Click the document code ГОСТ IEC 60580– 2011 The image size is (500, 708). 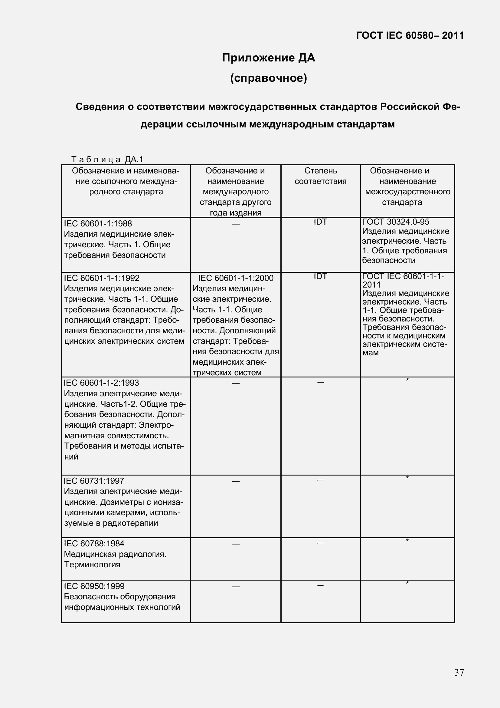click(x=410, y=35)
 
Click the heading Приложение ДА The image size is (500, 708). click(x=268, y=58)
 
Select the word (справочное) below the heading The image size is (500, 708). click(x=268, y=78)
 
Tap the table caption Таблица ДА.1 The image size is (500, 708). click(x=107, y=160)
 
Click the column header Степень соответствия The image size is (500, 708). click(x=320, y=176)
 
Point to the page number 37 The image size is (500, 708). click(x=459, y=672)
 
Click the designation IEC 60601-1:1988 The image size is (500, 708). click(x=98, y=224)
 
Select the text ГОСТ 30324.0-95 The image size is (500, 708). click(x=396, y=222)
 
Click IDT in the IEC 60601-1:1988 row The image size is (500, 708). click(x=320, y=222)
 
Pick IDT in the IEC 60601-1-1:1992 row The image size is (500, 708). click(x=320, y=276)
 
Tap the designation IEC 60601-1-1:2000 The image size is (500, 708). click(x=235, y=278)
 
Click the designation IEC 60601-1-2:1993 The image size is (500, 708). click(x=101, y=383)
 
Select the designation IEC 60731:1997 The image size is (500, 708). click(x=94, y=481)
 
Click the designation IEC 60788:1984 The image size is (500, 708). click(x=94, y=544)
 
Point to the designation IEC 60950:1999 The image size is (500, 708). click(x=94, y=586)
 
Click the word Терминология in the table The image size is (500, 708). click(x=92, y=565)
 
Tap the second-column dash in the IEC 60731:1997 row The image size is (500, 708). click(x=235, y=481)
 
